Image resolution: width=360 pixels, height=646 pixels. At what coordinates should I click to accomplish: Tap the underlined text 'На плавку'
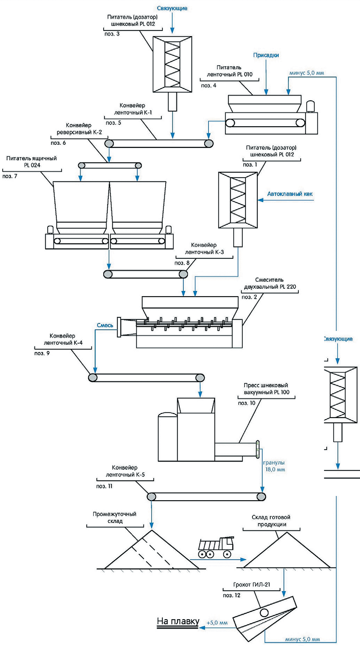[178, 621]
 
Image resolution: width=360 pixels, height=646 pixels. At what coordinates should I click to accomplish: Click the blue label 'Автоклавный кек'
[290, 194]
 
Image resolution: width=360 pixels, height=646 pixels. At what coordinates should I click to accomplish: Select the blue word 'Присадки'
[266, 55]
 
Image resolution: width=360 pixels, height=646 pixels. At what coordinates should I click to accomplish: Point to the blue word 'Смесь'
[105, 325]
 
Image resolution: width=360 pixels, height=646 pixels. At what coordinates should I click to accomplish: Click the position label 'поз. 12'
[231, 595]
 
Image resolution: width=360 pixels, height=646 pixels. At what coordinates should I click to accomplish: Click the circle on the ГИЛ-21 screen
[264, 613]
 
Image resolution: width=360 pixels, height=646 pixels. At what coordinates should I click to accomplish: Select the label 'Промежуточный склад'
[114, 517]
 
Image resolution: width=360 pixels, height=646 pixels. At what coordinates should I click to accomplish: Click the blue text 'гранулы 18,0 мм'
[274, 466]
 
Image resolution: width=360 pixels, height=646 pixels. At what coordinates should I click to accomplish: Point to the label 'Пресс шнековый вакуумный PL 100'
[266, 389]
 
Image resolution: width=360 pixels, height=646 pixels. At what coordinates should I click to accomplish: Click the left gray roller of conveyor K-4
[93, 377]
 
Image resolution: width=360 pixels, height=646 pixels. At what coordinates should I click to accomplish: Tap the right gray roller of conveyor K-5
[261, 497]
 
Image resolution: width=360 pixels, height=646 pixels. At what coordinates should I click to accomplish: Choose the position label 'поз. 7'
[10, 176]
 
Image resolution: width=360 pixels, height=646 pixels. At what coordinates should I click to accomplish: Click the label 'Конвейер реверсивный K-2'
[79, 129]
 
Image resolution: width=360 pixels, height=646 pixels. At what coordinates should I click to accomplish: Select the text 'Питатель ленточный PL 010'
[229, 71]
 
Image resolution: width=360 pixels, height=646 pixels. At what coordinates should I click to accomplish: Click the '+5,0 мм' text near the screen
[217, 623]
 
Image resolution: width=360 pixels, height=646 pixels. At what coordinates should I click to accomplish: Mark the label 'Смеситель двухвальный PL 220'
[270, 283]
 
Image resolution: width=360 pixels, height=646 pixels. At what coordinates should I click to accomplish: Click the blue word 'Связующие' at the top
[172, 8]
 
